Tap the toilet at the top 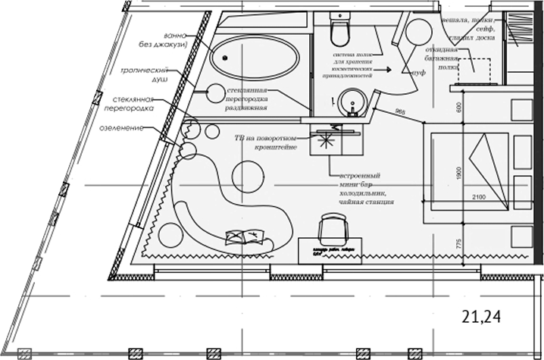pyautogui.click(x=339, y=30)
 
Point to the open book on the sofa pyautogui.click(x=250, y=238)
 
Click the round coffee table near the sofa pyautogui.click(x=247, y=177)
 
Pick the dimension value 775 pyautogui.click(x=459, y=247)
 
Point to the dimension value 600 pyautogui.click(x=459, y=108)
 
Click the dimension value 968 pyautogui.click(x=401, y=113)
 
